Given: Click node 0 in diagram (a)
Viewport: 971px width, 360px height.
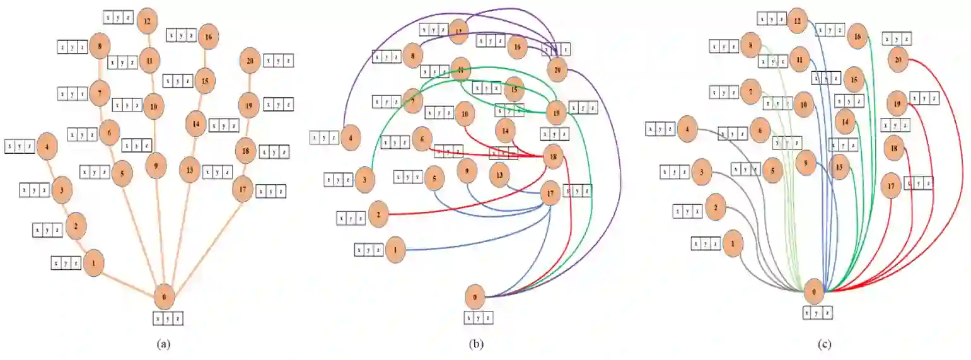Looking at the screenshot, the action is click(x=164, y=296).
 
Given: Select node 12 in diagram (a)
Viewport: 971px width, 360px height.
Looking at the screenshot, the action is click(x=148, y=20).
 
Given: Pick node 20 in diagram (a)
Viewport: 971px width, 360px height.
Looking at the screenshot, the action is click(x=250, y=61).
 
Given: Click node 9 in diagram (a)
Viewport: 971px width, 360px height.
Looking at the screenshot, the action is click(x=155, y=165).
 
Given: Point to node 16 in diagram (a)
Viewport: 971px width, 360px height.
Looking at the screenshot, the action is click(x=207, y=37).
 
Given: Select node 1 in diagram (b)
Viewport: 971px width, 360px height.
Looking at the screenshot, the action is click(x=395, y=250).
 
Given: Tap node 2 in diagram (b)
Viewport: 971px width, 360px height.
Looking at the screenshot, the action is click(x=379, y=214).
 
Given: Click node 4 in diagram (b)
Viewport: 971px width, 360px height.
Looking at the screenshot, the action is click(x=351, y=137).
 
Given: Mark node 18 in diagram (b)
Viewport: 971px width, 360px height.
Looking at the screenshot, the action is click(x=553, y=158).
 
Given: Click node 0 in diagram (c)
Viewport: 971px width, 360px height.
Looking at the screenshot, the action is click(x=815, y=292).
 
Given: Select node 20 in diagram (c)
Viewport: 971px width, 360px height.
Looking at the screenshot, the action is click(x=898, y=60).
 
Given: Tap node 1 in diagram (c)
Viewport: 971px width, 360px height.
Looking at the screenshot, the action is click(x=732, y=243).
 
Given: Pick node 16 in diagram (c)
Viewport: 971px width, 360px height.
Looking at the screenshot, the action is click(x=858, y=37).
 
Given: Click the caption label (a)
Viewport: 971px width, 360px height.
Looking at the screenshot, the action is click(x=163, y=344).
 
